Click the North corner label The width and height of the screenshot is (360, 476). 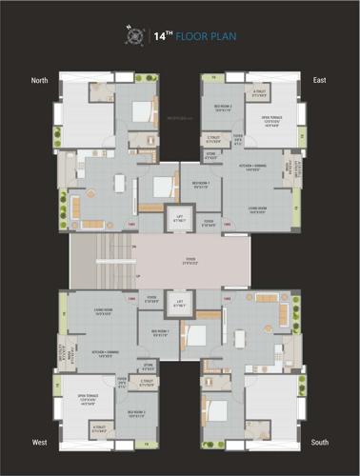coord(39,80)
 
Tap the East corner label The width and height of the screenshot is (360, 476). coord(320,80)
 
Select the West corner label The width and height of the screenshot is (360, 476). coord(39,443)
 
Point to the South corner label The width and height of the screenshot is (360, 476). coord(320,443)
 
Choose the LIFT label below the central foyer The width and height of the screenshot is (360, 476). coord(179,306)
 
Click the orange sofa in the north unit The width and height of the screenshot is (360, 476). coord(92,224)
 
